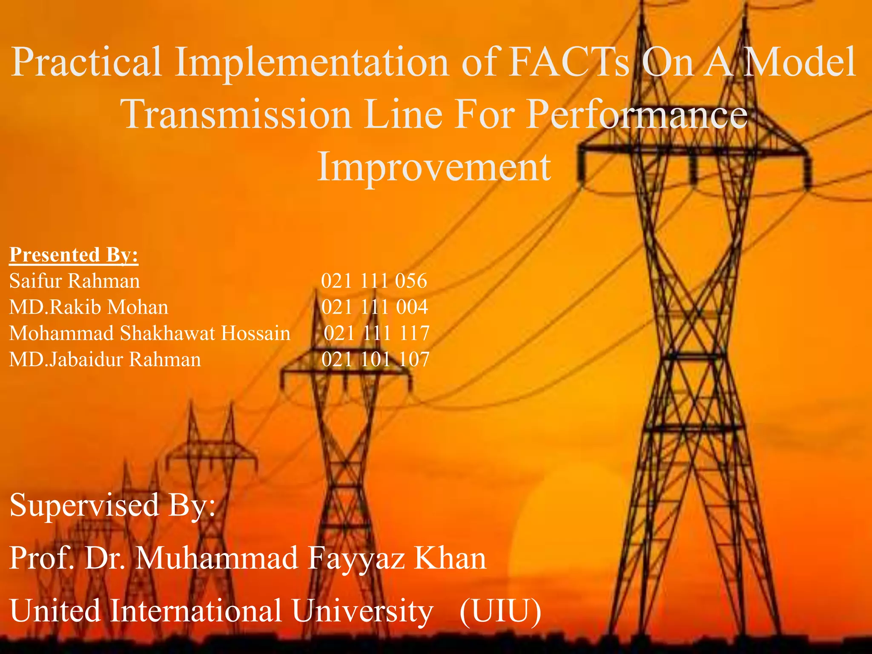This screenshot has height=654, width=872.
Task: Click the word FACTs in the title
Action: tap(569, 63)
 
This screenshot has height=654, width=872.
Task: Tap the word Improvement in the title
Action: tap(434, 167)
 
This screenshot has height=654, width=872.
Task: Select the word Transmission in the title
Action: tap(236, 115)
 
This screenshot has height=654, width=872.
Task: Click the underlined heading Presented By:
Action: tap(74, 255)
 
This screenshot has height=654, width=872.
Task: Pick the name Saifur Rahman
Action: tap(75, 281)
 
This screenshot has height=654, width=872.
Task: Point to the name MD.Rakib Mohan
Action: tap(89, 307)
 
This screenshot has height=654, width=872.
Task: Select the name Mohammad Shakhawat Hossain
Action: tap(149, 333)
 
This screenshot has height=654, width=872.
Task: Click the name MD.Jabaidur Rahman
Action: tap(105, 359)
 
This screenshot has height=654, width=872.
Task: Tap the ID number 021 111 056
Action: tap(374, 281)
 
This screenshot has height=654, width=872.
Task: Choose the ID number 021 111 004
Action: tap(374, 307)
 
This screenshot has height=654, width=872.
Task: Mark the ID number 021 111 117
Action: tap(376, 333)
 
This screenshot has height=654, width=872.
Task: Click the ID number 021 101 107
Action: tap(375, 359)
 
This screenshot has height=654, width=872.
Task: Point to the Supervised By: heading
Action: tap(112, 505)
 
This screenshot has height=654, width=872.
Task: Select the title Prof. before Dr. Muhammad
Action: tap(41, 558)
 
